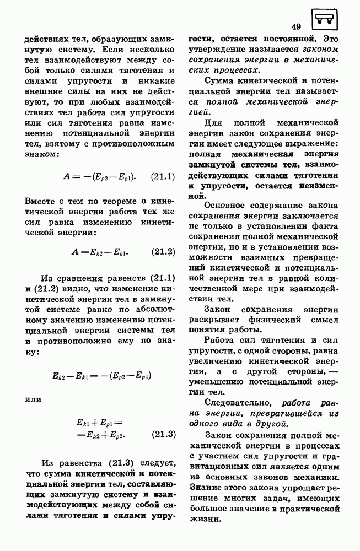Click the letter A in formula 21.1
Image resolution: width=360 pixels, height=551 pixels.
tap(68, 177)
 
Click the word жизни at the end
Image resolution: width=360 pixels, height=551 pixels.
tap(203, 519)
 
